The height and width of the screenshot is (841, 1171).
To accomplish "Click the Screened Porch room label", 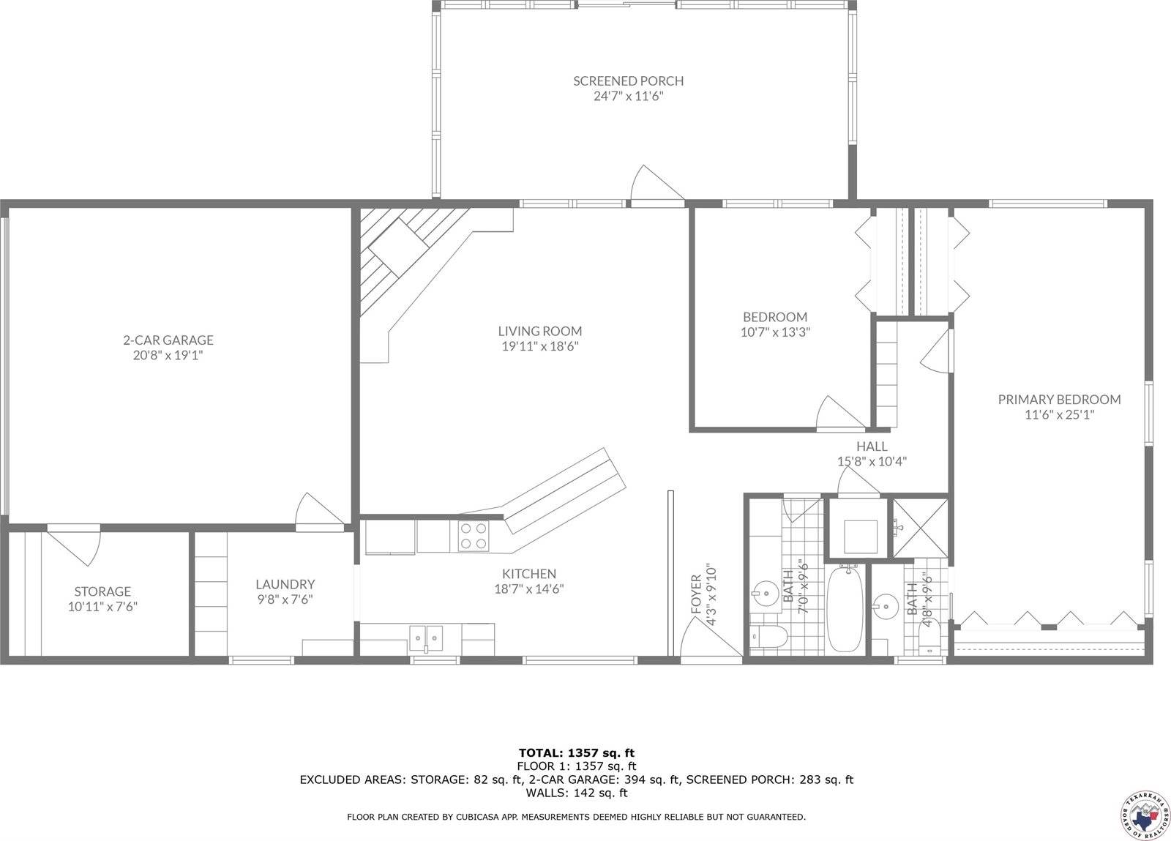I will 628,81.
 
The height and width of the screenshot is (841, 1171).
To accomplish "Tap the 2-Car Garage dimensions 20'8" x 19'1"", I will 168,356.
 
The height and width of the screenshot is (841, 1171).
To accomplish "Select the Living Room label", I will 540,331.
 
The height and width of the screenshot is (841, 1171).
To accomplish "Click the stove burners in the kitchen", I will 473,535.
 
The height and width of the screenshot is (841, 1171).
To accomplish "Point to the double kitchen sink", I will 425,638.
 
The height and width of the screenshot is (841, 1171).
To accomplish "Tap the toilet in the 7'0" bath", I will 768,637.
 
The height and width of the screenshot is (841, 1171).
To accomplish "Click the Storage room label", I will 102,591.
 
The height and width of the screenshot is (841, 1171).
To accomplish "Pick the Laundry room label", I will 285,584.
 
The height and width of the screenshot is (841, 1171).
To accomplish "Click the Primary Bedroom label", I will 1059,399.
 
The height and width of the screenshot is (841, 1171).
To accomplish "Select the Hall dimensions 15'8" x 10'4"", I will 872,462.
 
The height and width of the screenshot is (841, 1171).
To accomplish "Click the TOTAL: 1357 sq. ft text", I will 576,752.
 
